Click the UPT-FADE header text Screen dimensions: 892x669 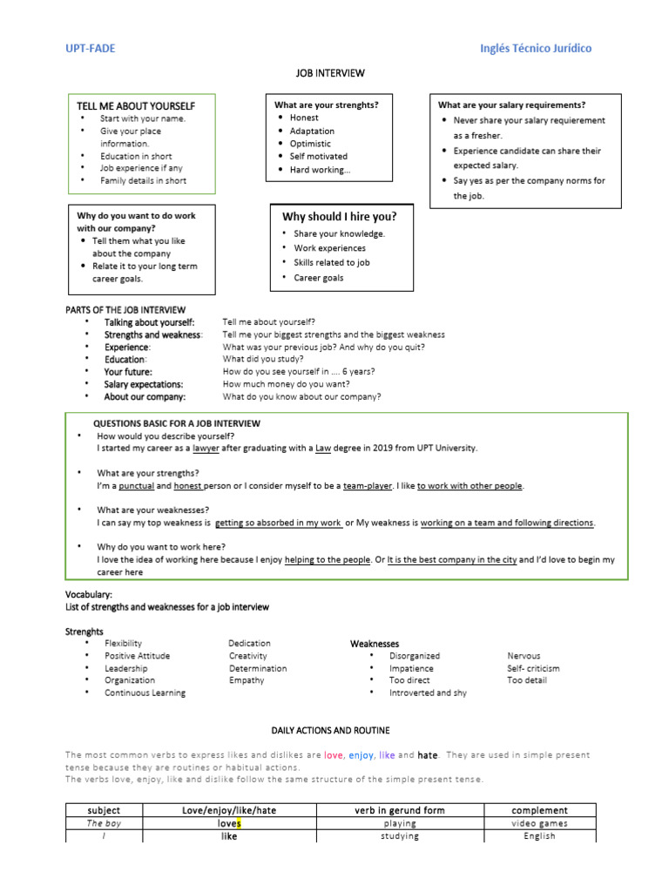pyautogui.click(x=91, y=49)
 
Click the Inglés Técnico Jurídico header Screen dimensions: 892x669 pyautogui.click(x=536, y=49)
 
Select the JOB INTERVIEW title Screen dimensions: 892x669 pyautogui.click(x=334, y=73)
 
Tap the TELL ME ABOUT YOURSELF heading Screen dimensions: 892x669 pyautogui.click(x=136, y=105)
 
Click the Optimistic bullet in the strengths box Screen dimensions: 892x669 pyautogui.click(x=310, y=144)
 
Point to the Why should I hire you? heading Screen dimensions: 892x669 pyautogui.click(x=339, y=216)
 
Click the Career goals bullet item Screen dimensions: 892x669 pyautogui.click(x=319, y=278)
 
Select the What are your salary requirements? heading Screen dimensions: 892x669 pyautogui.click(x=511, y=105)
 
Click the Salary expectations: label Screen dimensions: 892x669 pyautogui.click(x=144, y=384)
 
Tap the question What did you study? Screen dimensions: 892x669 pyautogui.click(x=263, y=359)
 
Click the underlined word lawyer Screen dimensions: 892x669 pyautogui.click(x=207, y=448)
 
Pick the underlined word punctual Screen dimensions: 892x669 pyautogui.click(x=136, y=486)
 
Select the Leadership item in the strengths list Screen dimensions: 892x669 pyautogui.click(x=126, y=668)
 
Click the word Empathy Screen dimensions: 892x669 pyautogui.click(x=247, y=680)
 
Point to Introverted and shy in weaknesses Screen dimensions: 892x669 pyautogui.click(x=428, y=693)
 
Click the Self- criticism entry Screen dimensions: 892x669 pyautogui.click(x=533, y=668)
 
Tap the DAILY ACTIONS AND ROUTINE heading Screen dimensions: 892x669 pyautogui.click(x=331, y=730)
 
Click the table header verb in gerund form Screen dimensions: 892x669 pyautogui.click(x=399, y=810)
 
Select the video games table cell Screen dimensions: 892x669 pyautogui.click(x=539, y=823)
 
